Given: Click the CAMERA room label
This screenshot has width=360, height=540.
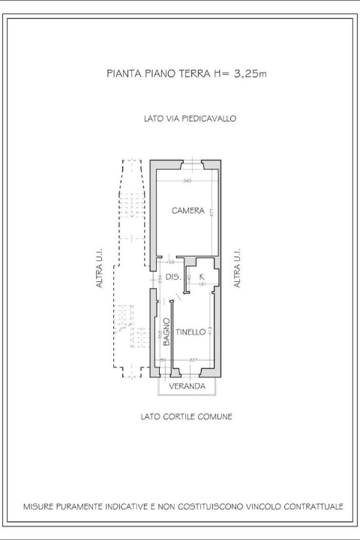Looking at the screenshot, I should click(x=187, y=211).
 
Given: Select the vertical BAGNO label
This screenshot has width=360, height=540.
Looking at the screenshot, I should click(x=166, y=332).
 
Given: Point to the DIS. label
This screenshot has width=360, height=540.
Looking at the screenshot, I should click(x=172, y=277).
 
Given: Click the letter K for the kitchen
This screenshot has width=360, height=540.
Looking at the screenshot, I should click(x=202, y=277).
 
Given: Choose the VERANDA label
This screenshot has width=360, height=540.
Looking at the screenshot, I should click(x=187, y=386).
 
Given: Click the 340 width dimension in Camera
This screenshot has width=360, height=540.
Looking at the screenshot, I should click(x=187, y=181).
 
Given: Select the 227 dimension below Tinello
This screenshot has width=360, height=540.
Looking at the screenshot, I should click(x=193, y=360).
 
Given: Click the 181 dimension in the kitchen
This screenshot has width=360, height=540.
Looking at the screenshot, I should click(x=202, y=285).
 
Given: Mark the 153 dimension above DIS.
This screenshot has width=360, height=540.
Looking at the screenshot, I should click(x=170, y=262).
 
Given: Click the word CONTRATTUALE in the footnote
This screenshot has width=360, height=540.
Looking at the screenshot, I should click(x=310, y=507).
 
